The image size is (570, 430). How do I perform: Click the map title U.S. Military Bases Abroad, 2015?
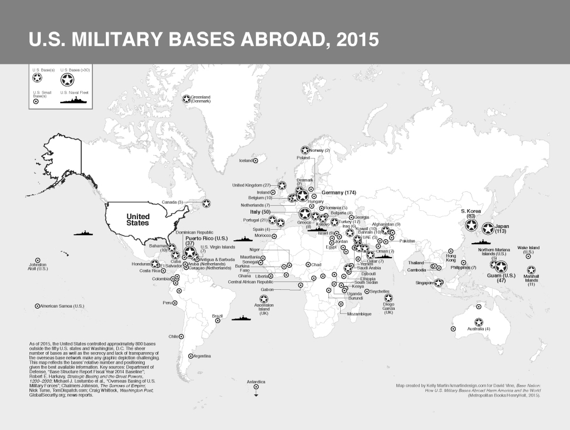pyautogui.click(x=204, y=39)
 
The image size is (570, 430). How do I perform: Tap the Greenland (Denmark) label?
pyautogui.click(x=200, y=99)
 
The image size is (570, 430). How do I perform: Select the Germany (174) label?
pyautogui.click(x=338, y=192)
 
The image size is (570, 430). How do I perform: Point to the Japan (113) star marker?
pyautogui.click(x=487, y=229)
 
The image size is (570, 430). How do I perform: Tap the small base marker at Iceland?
pyautogui.click(x=255, y=161)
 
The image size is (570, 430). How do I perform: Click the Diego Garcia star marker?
pyautogui.click(x=388, y=298)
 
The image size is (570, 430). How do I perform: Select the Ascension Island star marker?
pyautogui.click(x=263, y=300)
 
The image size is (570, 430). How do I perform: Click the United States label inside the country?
pyautogui.click(x=137, y=219)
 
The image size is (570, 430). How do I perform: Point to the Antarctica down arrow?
pyautogui.click(x=256, y=394)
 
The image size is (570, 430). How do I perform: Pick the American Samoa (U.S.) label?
pyautogui.click(x=62, y=306)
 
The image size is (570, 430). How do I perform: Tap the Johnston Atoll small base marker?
pyautogui.click(x=38, y=260)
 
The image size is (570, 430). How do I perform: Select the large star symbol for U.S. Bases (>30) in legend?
pyautogui.click(x=69, y=80)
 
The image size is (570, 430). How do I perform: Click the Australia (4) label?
pyautogui.click(x=479, y=329)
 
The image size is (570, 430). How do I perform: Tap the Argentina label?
pyautogui.click(x=204, y=355)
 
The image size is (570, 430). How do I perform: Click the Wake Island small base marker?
pyautogui.click(x=528, y=256)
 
